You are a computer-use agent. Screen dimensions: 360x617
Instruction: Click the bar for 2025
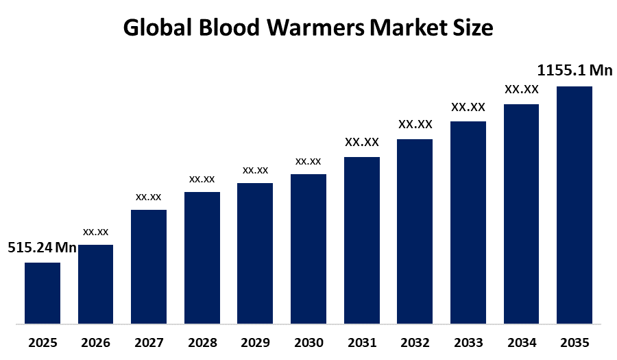[43, 293]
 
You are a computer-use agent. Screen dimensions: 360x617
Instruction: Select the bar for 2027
[149, 266]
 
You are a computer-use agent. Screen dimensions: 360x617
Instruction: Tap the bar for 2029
[255, 253]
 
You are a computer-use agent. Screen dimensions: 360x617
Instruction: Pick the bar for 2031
[361, 240]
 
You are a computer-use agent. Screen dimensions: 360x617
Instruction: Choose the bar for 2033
[468, 222]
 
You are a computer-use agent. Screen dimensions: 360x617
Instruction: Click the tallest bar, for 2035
[574, 204]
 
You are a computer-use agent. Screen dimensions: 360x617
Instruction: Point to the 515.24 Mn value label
[42, 248]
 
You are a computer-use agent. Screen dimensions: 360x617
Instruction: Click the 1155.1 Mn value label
[574, 71]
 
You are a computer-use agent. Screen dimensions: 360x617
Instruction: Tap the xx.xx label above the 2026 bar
[96, 232]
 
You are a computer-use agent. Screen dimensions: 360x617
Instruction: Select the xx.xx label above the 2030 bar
[308, 161]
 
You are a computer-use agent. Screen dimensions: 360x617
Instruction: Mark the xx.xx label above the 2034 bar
[521, 89]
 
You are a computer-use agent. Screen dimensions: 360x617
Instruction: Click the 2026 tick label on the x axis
[96, 341]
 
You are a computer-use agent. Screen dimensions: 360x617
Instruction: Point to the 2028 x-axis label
[202, 341]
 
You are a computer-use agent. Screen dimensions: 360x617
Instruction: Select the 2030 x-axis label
[308, 341]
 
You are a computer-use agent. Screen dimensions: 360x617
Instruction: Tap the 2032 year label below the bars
[415, 341]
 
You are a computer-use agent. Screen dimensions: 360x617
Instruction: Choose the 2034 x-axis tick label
[521, 341]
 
